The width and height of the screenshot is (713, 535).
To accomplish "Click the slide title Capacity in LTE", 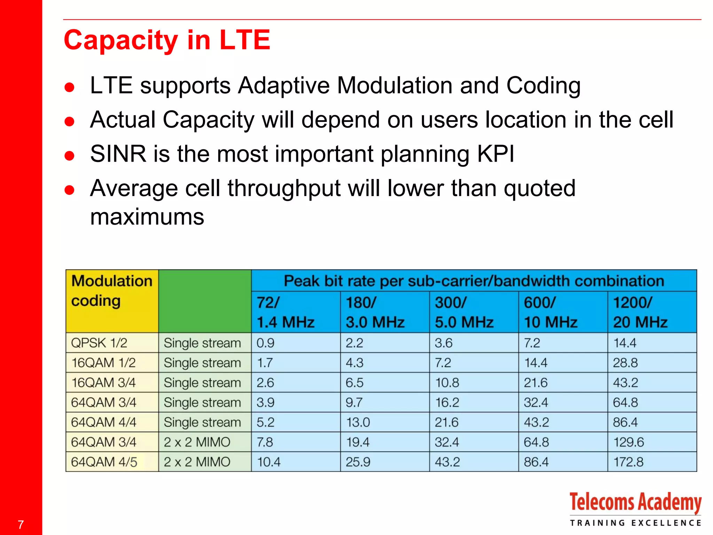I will pyautogui.click(x=167, y=40).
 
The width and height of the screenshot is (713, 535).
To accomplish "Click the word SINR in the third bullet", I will pyautogui.click(x=118, y=154).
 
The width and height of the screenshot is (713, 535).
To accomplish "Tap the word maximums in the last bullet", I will pyautogui.click(x=147, y=217).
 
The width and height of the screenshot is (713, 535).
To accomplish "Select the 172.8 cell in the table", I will pyautogui.click(x=628, y=462).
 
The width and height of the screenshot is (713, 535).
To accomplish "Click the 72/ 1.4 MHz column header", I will pyautogui.click(x=285, y=312).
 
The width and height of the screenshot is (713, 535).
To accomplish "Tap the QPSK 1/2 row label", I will pyautogui.click(x=99, y=343).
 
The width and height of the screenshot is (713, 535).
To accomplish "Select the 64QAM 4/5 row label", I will pyautogui.click(x=104, y=462).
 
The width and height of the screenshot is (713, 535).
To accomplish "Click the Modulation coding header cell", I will pyautogui.click(x=111, y=291).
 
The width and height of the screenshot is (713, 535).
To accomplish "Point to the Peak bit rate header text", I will pyautogui.click(x=473, y=281).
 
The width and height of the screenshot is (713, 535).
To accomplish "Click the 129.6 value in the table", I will pyautogui.click(x=628, y=442).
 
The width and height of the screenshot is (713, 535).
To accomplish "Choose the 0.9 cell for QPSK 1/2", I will pyautogui.click(x=265, y=343).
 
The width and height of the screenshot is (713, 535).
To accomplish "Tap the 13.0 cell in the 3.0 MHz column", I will pyautogui.click(x=358, y=422).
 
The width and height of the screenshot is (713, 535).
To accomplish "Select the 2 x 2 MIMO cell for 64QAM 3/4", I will pyautogui.click(x=197, y=442).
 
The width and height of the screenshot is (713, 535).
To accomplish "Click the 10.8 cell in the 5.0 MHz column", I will pyautogui.click(x=447, y=383).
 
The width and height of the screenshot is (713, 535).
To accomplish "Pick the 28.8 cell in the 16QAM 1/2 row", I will pyautogui.click(x=625, y=363).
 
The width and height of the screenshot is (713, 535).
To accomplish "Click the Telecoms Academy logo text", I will pyautogui.click(x=635, y=503).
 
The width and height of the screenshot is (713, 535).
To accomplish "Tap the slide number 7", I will pyautogui.click(x=21, y=525).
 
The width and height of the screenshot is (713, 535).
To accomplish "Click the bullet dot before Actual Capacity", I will pyautogui.click(x=70, y=121).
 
